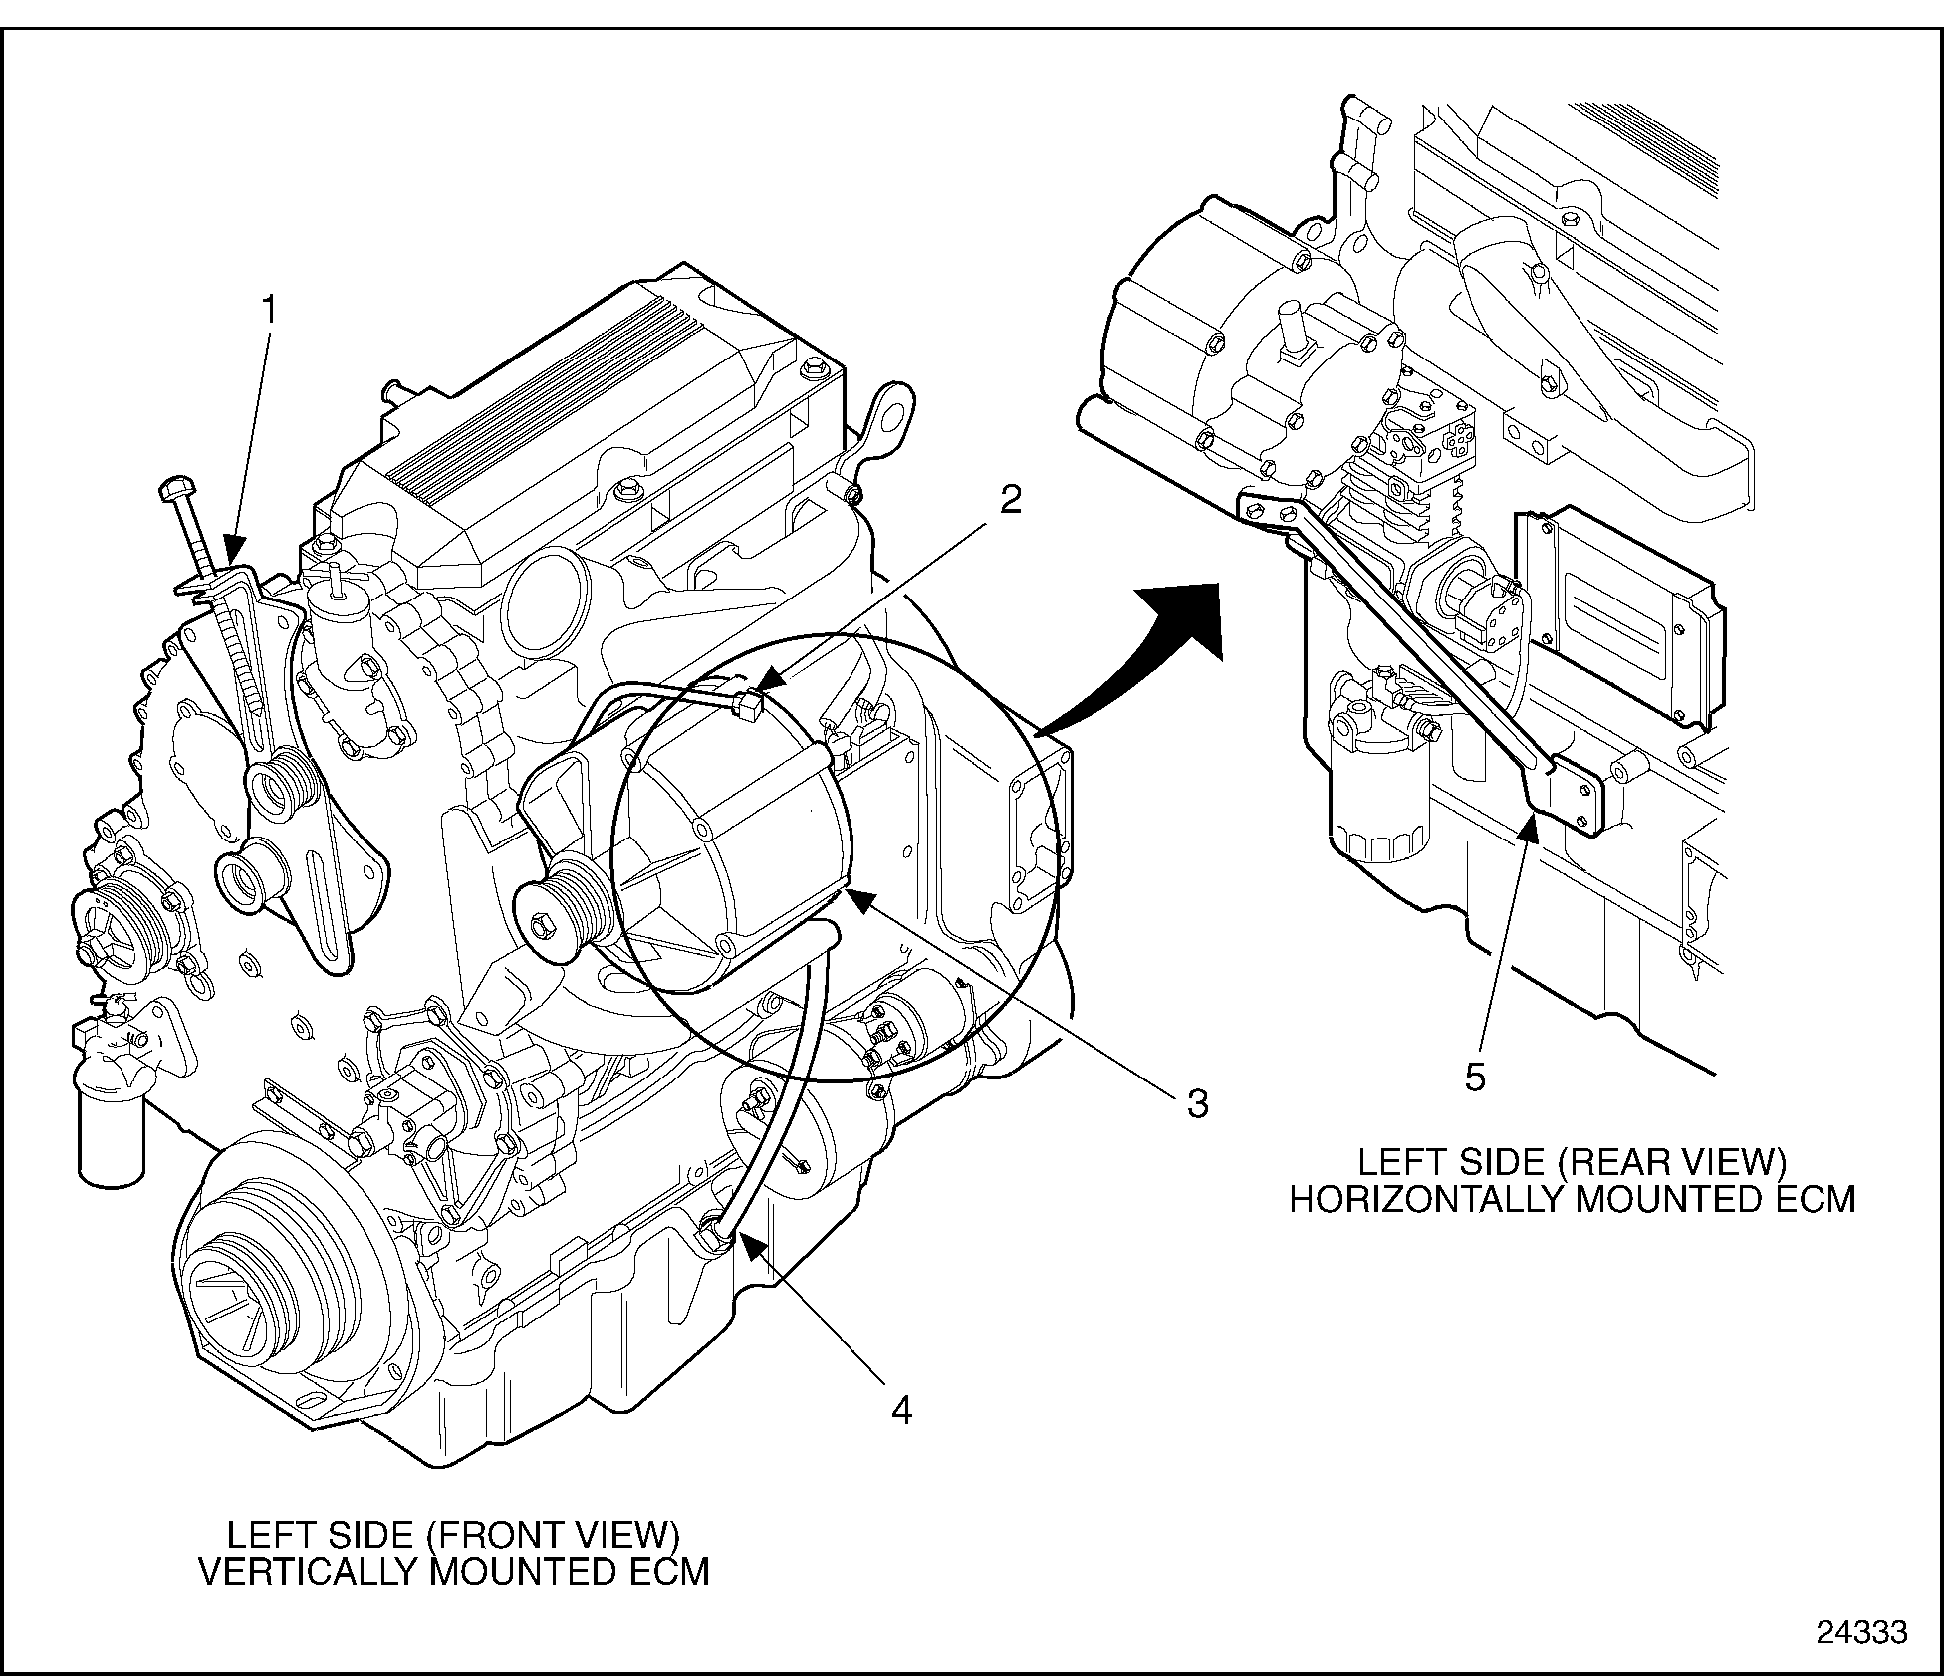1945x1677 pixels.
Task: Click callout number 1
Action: click(x=267, y=310)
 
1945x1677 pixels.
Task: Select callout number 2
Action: click(x=1010, y=500)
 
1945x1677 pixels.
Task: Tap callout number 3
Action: click(x=1196, y=1103)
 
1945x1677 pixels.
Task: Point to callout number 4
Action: click(x=901, y=1410)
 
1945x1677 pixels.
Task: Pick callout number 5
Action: click(x=1475, y=1077)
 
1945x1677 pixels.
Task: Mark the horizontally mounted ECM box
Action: click(x=1617, y=617)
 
